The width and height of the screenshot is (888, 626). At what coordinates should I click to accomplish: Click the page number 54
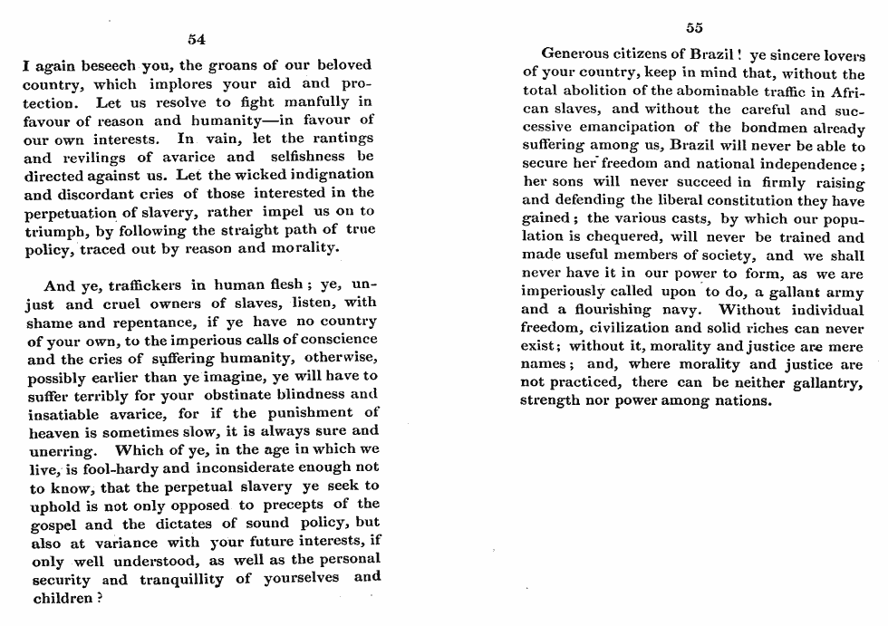click(x=197, y=39)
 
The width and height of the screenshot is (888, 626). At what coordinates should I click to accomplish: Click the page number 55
click(x=694, y=26)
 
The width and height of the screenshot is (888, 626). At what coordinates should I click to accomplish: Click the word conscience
click(x=332, y=340)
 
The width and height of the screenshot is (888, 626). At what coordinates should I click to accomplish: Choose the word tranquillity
click(x=184, y=578)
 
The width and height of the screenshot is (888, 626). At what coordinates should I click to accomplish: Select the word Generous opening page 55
click(x=577, y=57)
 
